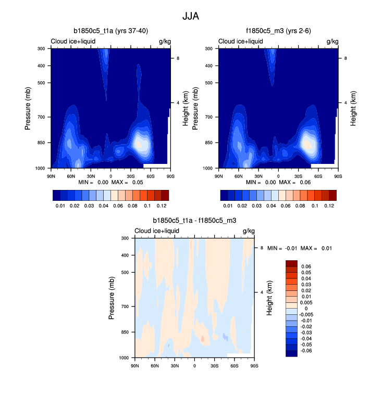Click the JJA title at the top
tap(191, 16)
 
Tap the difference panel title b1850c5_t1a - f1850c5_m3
tap(194, 221)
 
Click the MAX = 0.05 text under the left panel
tap(130, 183)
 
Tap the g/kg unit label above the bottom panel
tap(248, 231)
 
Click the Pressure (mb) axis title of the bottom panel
tap(113, 298)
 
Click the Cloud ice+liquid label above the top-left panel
tap(73, 42)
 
